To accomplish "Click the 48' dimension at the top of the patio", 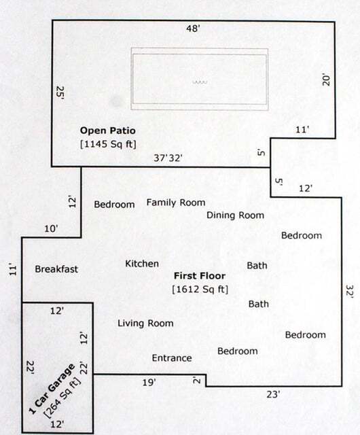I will pos(195,29).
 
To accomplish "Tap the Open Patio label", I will pos(105,130).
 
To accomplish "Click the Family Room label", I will pos(176,203).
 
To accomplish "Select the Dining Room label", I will pos(235,215).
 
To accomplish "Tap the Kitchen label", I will pos(142,263).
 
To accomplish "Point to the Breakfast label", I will pos(56,269).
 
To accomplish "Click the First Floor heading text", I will pos(200,276).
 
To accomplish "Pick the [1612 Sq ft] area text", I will pos(200,290).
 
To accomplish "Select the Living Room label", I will pos(145,323).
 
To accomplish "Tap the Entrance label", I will pos(171,358).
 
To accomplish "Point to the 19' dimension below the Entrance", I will pos(149,383).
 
